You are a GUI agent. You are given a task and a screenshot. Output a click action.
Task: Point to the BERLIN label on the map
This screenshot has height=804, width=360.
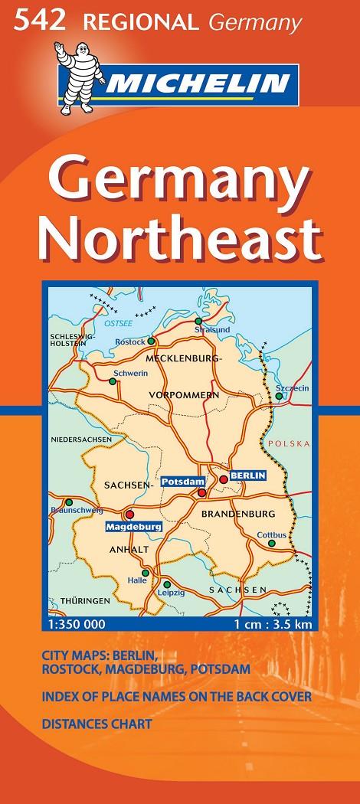248,475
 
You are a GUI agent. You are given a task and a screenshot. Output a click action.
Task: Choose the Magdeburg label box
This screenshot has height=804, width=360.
133,527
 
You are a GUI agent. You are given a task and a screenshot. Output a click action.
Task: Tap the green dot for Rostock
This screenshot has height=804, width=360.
151,341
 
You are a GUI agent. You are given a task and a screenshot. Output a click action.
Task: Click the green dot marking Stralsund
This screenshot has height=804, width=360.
198,321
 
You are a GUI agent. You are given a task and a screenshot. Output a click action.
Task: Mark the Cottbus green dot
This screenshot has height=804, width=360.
271,543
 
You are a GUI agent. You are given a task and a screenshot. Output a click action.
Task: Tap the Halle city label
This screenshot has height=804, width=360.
137,580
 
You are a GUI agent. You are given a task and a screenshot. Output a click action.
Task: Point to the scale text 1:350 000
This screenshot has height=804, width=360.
76,625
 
